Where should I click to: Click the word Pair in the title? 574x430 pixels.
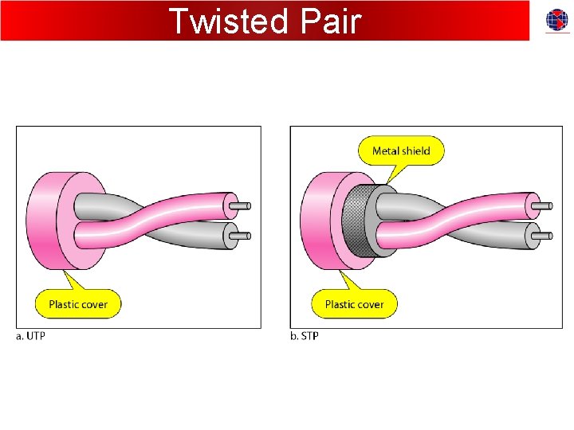click(331, 21)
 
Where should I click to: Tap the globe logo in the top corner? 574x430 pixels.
click(557, 21)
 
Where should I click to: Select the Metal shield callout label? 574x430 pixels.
click(401, 150)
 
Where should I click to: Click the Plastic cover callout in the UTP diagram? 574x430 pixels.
click(78, 304)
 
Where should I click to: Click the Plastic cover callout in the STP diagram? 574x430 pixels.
click(354, 304)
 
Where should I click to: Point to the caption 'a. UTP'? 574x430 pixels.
click(31, 336)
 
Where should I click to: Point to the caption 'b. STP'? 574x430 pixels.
click(304, 336)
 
